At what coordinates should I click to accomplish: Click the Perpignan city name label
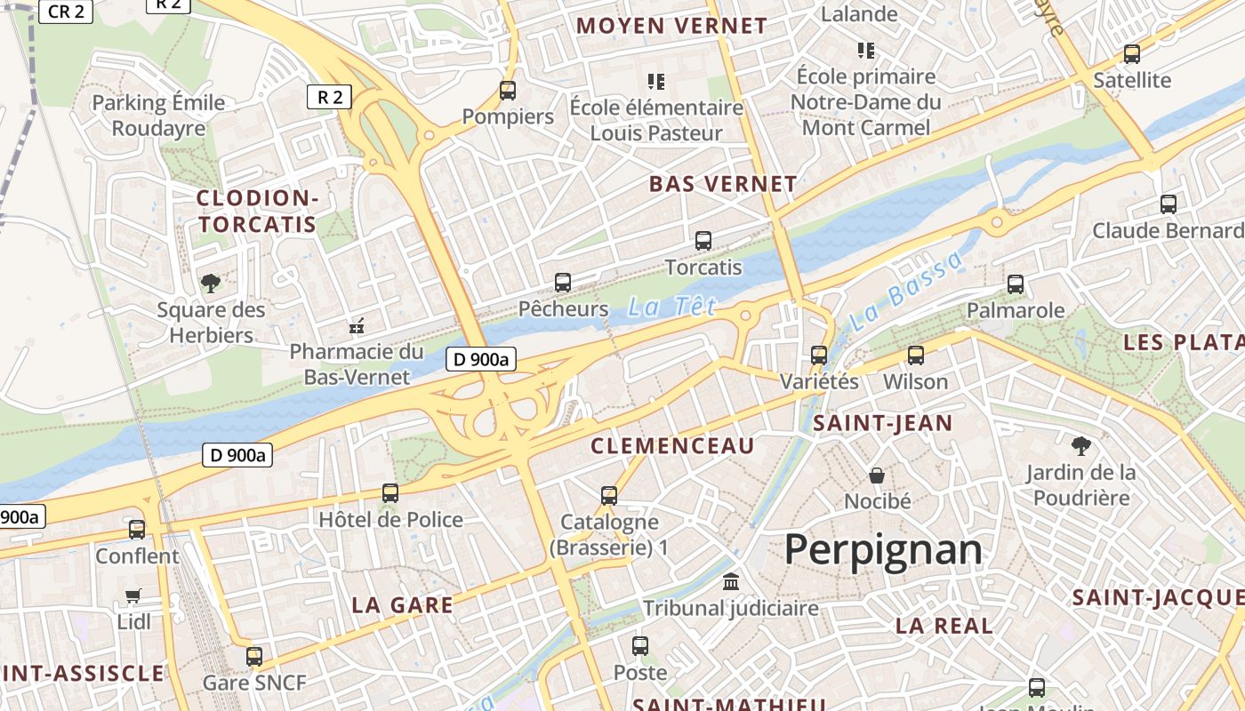coord(883,549)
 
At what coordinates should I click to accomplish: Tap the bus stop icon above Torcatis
coord(703,240)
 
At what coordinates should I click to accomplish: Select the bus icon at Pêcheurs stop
coord(563,283)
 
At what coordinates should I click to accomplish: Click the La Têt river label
coord(671,308)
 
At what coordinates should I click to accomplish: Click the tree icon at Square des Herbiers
coord(211,284)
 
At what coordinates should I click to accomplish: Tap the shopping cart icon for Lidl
coord(133,595)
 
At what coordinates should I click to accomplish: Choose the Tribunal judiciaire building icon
coord(731,582)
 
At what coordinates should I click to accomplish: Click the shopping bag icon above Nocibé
coord(877,475)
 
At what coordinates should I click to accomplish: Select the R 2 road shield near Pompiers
coord(329,97)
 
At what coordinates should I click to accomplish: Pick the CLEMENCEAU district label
coord(672,446)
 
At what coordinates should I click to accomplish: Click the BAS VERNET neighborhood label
coord(723,185)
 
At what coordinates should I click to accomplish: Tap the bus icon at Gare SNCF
coord(254,657)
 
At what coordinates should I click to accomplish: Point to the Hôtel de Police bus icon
coord(390,492)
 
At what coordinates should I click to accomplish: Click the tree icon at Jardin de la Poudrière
coord(1081,445)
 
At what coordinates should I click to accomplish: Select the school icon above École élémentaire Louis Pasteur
coord(656,82)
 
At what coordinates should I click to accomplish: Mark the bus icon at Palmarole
coord(1016,284)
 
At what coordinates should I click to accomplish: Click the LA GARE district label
coord(402,605)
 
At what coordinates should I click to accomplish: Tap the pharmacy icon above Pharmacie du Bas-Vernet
coord(357,326)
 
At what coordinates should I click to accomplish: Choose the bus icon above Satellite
coord(1132,53)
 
